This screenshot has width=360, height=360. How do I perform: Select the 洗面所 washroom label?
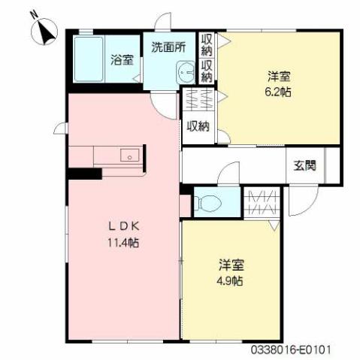(x=168, y=46)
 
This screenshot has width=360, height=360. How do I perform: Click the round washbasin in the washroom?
(x=183, y=73)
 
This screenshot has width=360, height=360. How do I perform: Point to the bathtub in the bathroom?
(x=91, y=58)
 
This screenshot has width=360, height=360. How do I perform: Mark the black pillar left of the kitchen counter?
(x=83, y=174)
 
